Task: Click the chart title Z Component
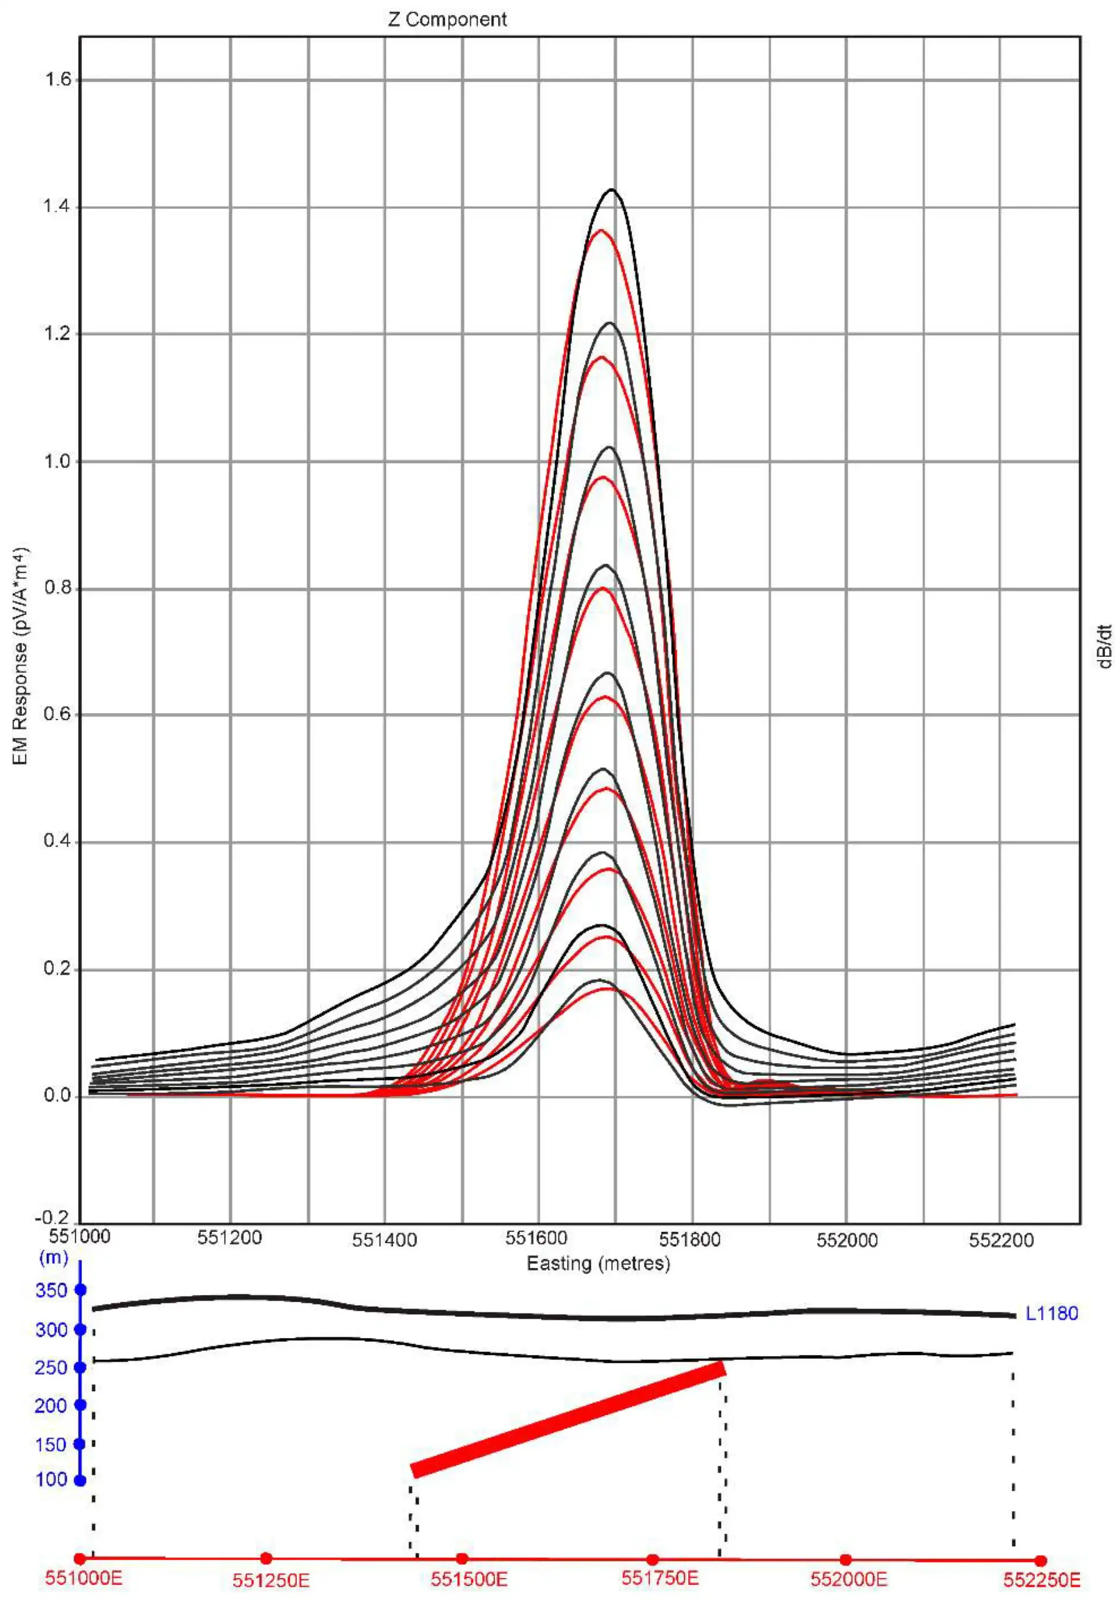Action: click(x=447, y=19)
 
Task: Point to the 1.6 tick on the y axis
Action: click(x=58, y=80)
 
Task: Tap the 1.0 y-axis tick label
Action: click(x=58, y=462)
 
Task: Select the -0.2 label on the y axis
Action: click(x=52, y=1219)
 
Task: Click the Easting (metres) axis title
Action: click(x=598, y=1263)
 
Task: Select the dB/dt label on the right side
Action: click(x=1104, y=647)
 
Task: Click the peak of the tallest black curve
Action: click(x=612, y=189)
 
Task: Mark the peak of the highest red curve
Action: click(x=600, y=231)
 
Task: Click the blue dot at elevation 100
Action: click(x=80, y=1480)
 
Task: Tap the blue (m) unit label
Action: click(x=54, y=1258)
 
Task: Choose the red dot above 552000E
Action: click(x=845, y=1559)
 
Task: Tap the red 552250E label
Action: click(x=1041, y=1580)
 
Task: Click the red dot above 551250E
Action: click(x=266, y=1558)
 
